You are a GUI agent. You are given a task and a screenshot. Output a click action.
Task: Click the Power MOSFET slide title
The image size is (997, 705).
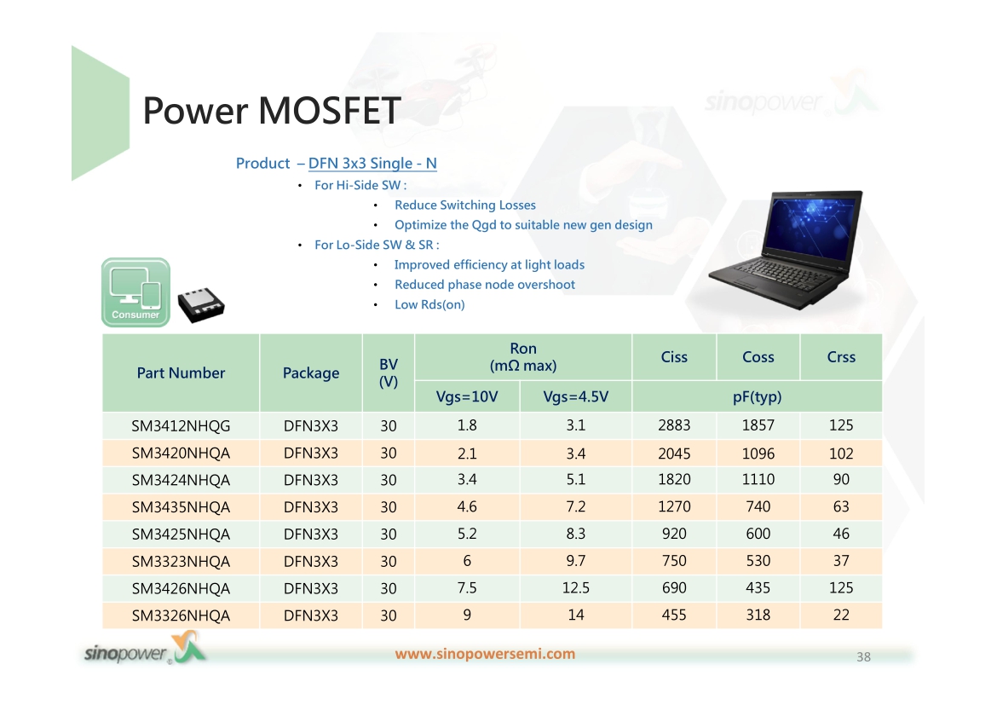tap(272, 111)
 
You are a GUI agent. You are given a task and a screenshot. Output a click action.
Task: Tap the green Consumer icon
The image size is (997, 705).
tap(135, 292)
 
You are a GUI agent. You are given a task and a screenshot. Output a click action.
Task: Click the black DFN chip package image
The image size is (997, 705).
tap(201, 305)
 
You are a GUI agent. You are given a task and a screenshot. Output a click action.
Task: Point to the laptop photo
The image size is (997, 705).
tap(787, 250)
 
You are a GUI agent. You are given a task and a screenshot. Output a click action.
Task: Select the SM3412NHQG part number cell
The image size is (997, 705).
tap(181, 425)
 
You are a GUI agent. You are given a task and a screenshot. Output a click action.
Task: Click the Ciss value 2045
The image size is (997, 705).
tap(674, 453)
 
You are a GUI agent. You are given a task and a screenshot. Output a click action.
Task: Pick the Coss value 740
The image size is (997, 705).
tap(758, 506)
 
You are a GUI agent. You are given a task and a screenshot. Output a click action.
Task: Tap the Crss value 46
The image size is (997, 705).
tap(840, 534)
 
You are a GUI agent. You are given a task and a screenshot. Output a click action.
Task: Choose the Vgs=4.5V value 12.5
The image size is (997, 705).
tap(575, 588)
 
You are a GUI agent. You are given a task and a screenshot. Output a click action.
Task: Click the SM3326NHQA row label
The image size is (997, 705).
tap(181, 616)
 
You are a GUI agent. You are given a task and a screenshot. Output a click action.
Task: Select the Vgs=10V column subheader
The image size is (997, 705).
tap(467, 397)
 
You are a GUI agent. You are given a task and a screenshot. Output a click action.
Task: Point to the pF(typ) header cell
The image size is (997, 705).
tap(757, 397)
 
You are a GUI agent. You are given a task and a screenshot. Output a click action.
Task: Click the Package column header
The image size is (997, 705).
tap(311, 373)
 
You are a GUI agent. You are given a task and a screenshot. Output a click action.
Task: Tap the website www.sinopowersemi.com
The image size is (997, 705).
tap(485, 654)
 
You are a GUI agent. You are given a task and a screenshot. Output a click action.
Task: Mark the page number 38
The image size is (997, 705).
tap(863, 656)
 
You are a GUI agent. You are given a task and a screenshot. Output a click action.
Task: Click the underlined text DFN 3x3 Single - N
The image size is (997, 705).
tap(372, 164)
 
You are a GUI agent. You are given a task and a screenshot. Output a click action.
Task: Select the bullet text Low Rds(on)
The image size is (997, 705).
tap(429, 305)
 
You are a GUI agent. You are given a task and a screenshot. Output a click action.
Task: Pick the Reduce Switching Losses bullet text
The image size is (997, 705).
tap(464, 205)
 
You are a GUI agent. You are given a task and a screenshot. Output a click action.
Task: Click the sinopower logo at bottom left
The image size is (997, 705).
tap(145, 649)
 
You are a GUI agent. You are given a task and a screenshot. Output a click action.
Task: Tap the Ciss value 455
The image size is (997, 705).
tap(674, 615)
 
